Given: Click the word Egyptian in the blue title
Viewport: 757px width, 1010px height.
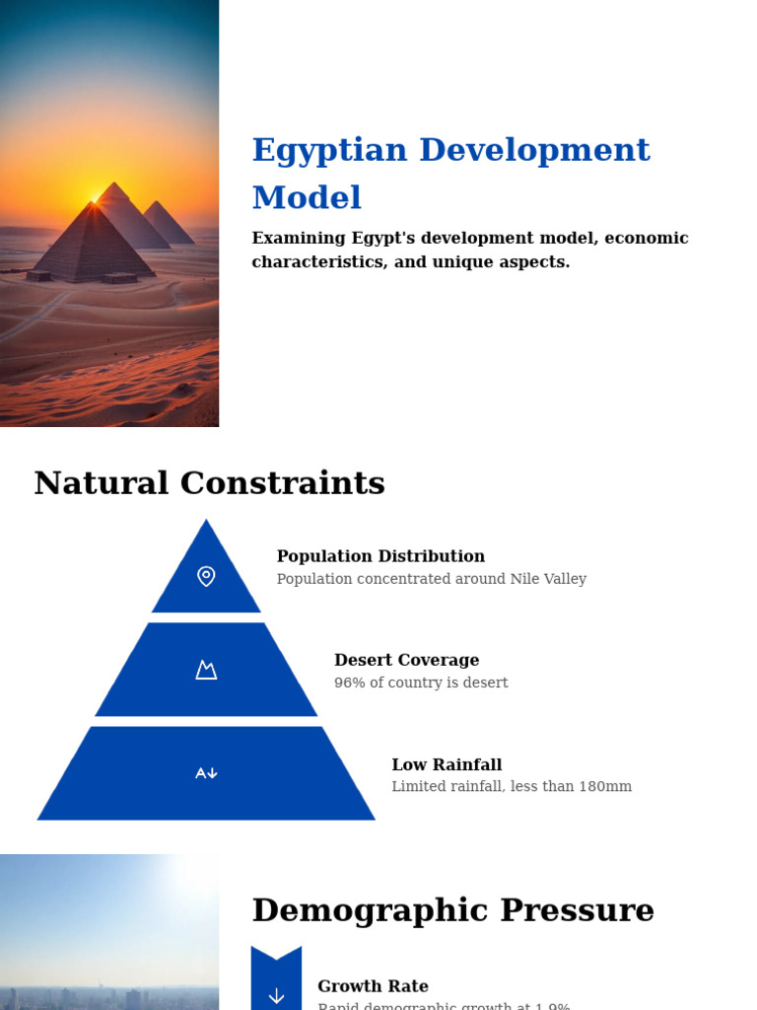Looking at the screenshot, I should [x=329, y=151].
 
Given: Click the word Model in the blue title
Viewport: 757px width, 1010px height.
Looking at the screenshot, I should [x=307, y=198].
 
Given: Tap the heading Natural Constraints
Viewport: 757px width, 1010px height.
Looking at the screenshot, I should [x=209, y=483].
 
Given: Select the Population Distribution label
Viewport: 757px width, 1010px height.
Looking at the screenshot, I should [x=380, y=556].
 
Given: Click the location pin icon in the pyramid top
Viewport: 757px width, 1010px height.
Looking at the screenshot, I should [x=206, y=576].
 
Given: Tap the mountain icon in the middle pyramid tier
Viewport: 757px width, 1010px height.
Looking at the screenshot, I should [x=206, y=670].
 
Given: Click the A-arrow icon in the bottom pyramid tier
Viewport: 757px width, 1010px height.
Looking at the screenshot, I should [x=206, y=773].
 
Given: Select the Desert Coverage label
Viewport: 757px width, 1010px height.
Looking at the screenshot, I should [x=406, y=660].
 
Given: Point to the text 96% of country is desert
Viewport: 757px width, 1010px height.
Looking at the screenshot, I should [x=421, y=683].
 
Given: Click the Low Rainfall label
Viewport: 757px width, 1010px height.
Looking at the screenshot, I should [x=447, y=764].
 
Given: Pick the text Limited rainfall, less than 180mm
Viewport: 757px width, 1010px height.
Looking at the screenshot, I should [x=512, y=787].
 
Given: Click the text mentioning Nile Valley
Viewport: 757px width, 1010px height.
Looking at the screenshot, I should [x=431, y=579].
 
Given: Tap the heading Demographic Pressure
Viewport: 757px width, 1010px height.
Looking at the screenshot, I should [x=452, y=910].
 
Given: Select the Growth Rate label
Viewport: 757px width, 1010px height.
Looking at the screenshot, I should [x=373, y=986].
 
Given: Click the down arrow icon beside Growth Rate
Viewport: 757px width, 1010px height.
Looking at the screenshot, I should [x=276, y=995].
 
